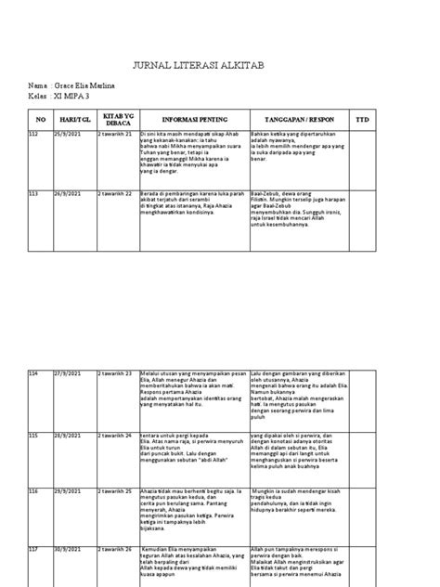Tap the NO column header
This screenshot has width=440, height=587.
(x=40, y=119)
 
